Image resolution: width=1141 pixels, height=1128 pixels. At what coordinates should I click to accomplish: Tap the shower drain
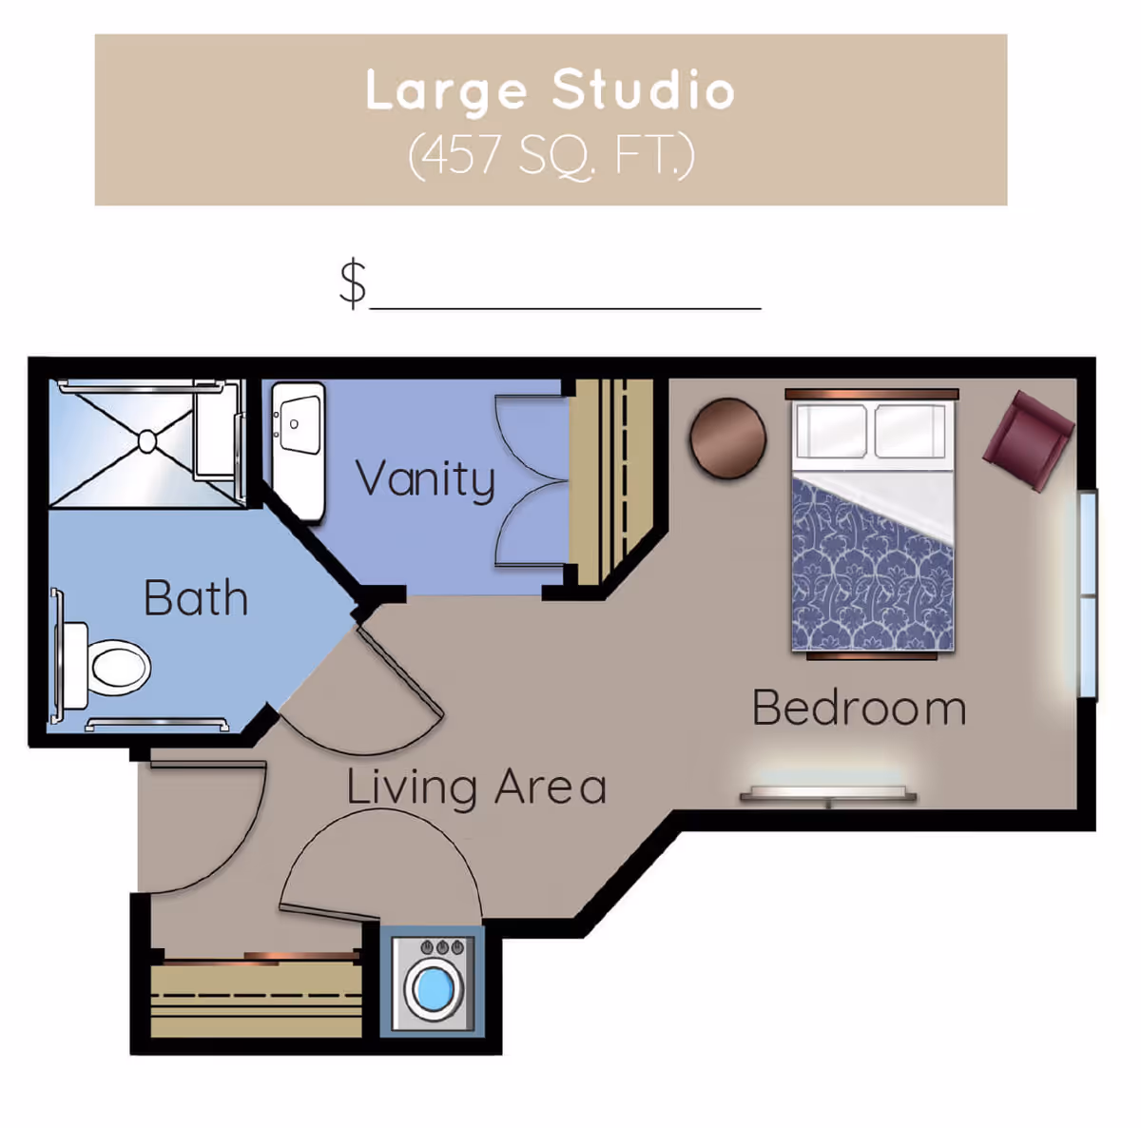click(x=147, y=441)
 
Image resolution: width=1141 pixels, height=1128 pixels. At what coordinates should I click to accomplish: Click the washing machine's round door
click(x=434, y=989)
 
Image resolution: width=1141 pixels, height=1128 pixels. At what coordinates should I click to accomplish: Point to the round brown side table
click(x=728, y=438)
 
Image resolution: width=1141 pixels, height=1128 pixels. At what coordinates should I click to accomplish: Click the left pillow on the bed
click(x=831, y=431)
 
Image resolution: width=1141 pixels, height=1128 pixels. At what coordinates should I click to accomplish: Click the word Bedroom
click(x=859, y=709)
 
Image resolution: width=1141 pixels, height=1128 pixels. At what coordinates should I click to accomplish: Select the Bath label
click(x=196, y=598)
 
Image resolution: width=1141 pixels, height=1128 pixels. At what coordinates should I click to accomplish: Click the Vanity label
click(x=425, y=479)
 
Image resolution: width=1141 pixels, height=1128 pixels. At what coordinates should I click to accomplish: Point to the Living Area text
click(x=475, y=788)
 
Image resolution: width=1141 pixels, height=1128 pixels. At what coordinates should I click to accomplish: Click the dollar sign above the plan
click(x=353, y=282)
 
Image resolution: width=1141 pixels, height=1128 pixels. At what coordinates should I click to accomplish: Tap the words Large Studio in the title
click(x=551, y=91)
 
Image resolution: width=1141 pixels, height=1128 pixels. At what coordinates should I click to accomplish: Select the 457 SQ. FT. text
click(x=551, y=156)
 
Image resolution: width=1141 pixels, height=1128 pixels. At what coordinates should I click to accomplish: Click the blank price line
click(x=565, y=306)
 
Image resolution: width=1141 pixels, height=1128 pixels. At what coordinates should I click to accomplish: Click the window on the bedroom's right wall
click(x=1088, y=594)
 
